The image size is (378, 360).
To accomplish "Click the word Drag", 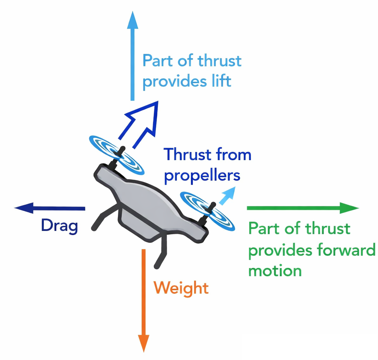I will [60, 225].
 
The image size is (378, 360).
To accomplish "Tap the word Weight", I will [181, 288].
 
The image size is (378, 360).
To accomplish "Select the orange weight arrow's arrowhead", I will [143, 343].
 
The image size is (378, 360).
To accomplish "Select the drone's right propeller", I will [207, 211].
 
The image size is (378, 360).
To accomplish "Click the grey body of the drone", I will [149, 203].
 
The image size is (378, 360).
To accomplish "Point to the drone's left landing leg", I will [102, 219].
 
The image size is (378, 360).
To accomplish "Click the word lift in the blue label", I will [220, 81].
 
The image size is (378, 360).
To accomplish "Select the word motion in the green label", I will [275, 270].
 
